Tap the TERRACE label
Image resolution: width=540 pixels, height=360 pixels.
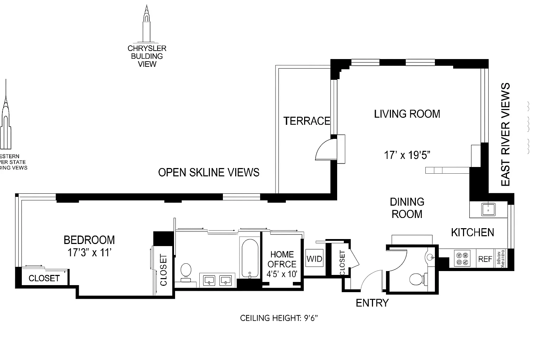click(x=307, y=121)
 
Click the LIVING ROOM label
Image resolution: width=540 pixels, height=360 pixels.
click(x=407, y=114)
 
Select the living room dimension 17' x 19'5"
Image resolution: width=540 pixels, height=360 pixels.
click(x=407, y=155)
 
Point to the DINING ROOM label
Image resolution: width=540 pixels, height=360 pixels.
click(x=407, y=208)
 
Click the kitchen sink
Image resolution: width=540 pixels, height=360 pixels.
click(x=488, y=209)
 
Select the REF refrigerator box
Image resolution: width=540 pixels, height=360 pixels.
click(x=485, y=259)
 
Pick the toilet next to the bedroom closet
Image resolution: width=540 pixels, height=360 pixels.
click(x=186, y=272)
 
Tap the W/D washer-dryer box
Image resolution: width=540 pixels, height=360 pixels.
click(x=314, y=259)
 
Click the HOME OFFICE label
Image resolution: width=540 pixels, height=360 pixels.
click(x=282, y=259)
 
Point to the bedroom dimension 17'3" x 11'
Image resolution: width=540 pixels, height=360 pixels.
click(x=89, y=252)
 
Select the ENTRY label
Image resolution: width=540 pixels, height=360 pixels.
click(x=372, y=303)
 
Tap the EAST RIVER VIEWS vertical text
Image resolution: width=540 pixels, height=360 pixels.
click(x=506, y=134)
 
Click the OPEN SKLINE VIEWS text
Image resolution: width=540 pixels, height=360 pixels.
click(x=208, y=172)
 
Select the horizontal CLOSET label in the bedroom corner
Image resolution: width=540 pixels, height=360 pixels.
click(x=44, y=278)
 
